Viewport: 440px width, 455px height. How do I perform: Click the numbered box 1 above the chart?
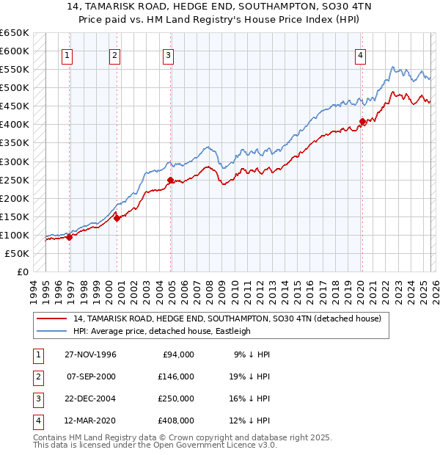(67, 54)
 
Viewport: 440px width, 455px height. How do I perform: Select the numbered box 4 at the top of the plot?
(361, 54)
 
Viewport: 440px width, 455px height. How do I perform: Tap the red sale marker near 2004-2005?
(170, 180)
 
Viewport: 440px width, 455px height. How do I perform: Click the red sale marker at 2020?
(362, 122)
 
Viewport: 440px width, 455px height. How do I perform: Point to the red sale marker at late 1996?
(69, 237)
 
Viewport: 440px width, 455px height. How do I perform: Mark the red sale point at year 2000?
(117, 218)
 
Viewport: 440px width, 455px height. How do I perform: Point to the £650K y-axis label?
(15, 33)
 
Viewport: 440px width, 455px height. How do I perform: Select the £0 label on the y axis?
(21, 272)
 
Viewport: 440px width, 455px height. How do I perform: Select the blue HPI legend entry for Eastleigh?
(162, 331)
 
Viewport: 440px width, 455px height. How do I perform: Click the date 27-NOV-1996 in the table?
(90, 354)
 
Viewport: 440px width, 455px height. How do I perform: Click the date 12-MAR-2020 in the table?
(90, 421)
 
